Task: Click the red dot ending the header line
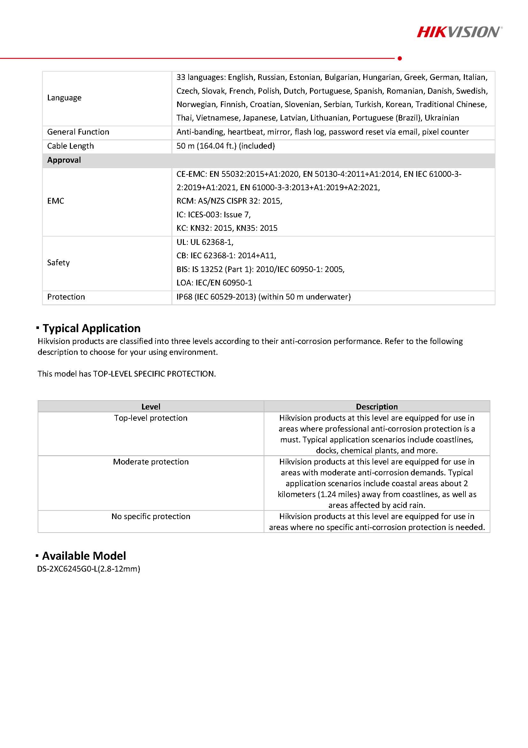coord(400,58)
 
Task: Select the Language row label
coord(64,98)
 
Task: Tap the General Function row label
coord(78,132)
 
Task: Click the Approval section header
coord(64,160)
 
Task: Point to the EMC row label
coord(56,201)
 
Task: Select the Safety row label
coord(58,262)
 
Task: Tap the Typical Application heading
coord(91,328)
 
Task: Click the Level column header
coord(151,407)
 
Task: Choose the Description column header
coord(377,407)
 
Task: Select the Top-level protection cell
coord(151,418)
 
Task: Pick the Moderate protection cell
coord(151,462)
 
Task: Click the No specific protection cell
coord(151,516)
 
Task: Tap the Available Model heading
coord(84,556)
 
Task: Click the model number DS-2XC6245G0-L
coord(88,569)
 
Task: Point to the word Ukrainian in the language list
coord(442,118)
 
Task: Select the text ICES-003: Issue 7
coord(219,215)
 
